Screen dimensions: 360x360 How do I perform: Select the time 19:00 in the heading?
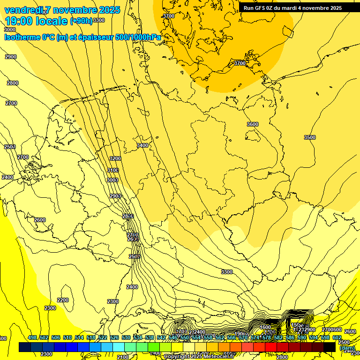click(x=19, y=21)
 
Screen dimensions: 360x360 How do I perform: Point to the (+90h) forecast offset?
click(x=81, y=21)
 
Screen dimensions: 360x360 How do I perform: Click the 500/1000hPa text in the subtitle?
click(x=140, y=37)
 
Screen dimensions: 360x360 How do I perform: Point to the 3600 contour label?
click(x=253, y=124)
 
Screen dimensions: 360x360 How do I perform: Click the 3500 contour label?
click(x=310, y=137)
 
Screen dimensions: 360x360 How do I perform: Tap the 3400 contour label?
click(x=142, y=146)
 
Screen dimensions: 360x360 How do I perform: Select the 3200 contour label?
click(x=115, y=158)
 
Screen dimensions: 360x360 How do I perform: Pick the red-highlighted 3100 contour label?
click(x=113, y=170)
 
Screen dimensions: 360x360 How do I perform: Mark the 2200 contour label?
click(x=63, y=300)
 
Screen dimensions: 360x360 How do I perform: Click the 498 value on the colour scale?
click(x=32, y=338)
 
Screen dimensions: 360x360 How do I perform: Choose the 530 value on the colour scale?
click(x=126, y=338)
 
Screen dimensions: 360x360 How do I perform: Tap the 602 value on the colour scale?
click(x=337, y=338)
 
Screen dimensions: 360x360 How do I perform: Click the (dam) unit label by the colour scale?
click(x=347, y=348)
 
